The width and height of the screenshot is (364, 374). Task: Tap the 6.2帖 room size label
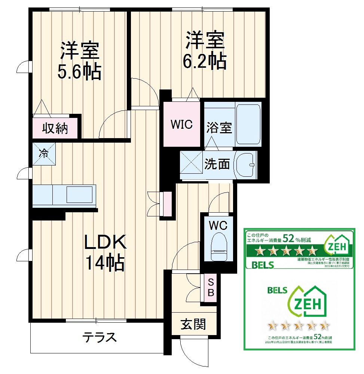[204, 61]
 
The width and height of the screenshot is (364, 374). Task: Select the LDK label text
[105, 243]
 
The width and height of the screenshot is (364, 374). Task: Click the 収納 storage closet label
[55, 128]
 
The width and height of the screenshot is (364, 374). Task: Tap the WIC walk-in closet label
[181, 124]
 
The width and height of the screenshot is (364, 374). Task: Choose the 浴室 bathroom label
[219, 128]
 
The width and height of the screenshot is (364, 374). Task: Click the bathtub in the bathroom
[248, 124]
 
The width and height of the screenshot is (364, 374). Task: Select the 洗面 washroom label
[217, 164]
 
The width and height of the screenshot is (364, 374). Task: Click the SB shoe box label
[211, 287]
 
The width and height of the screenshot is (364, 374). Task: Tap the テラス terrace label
[100, 337]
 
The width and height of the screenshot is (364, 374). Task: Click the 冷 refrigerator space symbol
[44, 153]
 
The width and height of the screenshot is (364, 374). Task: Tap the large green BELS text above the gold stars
[277, 290]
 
